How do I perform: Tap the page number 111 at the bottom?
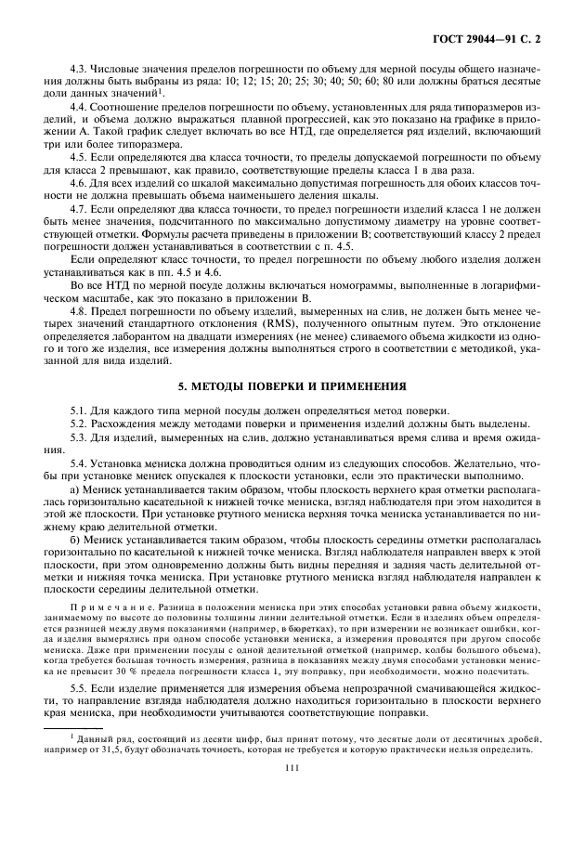click(292, 792)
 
